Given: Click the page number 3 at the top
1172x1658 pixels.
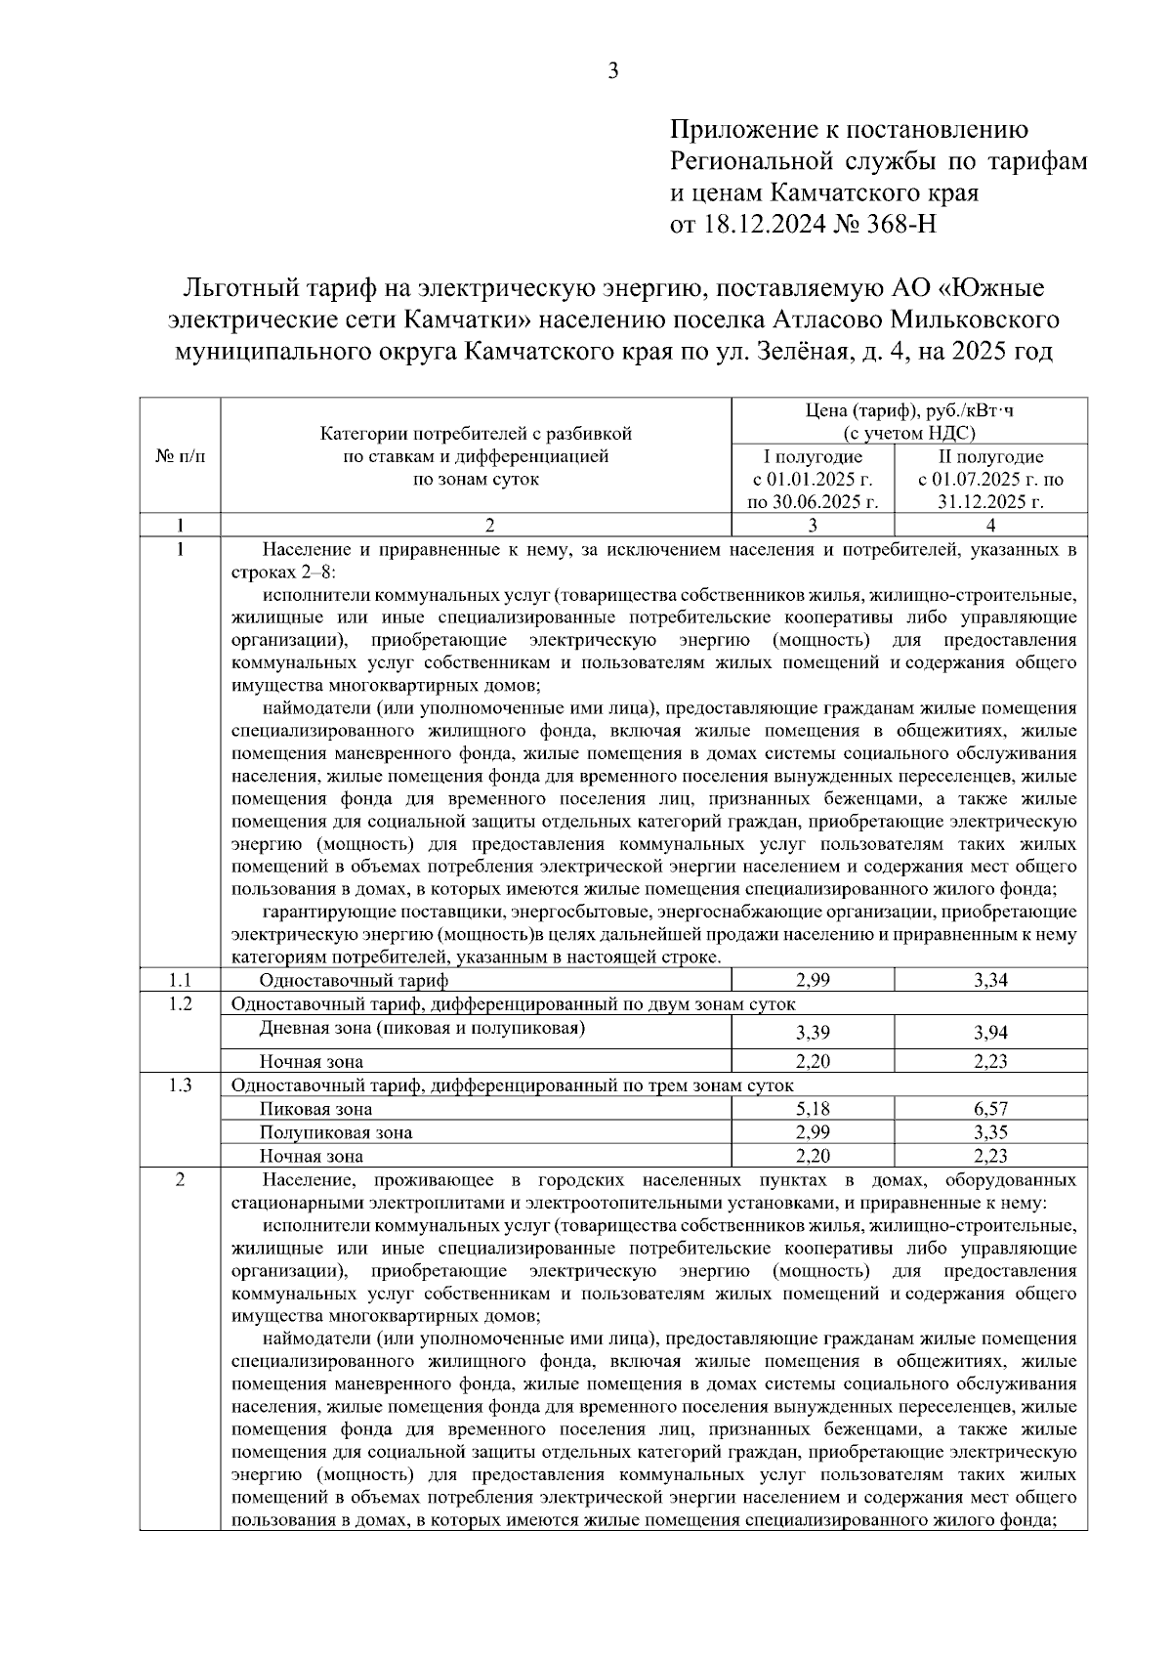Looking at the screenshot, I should coord(612,70).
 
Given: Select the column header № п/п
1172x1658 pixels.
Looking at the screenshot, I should coord(181,456).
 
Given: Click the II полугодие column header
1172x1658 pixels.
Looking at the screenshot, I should coord(990,457).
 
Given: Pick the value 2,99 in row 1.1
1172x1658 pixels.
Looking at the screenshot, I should coord(813,980).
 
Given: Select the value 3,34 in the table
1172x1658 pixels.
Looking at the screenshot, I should coord(990,980).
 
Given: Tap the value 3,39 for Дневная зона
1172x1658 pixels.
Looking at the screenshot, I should coord(813,1033).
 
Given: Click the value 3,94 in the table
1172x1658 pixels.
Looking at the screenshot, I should coord(990,1033).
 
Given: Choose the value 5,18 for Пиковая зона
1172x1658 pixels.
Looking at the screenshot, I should coord(813,1109).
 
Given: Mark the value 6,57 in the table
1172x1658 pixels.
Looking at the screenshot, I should coord(990,1109).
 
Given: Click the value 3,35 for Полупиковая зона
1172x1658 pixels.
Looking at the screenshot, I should coord(990,1132).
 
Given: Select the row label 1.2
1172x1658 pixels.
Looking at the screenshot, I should coord(181,1003).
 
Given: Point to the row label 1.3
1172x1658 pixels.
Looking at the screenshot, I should coord(181,1085).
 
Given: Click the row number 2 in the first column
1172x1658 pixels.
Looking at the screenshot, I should coord(181,1179).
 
